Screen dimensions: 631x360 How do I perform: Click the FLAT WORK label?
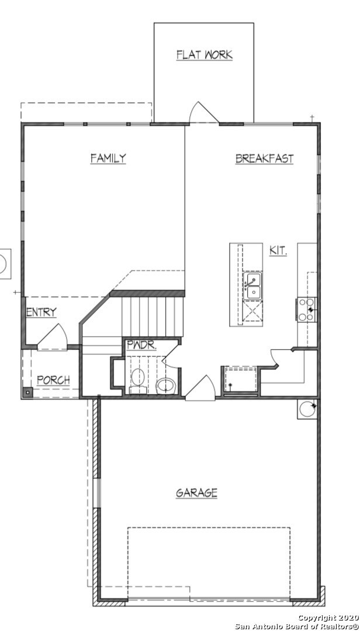tap(205, 55)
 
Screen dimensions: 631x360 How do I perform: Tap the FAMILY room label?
tap(108, 158)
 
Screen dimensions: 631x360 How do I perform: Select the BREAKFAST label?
tap(264, 158)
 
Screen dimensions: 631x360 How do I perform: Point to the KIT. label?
tap(278, 251)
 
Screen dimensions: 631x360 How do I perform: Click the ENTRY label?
tap(41, 312)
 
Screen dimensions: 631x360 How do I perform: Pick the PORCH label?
tap(53, 380)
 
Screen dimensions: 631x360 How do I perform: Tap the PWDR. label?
tap(141, 345)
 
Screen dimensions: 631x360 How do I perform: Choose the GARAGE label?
tap(197, 493)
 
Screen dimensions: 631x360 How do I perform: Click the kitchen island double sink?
tap(253, 286)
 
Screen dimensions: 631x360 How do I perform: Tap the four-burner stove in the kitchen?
tap(307, 310)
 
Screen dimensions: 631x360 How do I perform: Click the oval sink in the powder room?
tap(166, 385)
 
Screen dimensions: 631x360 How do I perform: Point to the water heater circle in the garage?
tap(307, 408)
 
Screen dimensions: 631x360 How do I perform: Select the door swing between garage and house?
tap(200, 388)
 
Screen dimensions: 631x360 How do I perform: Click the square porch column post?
tap(27, 393)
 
